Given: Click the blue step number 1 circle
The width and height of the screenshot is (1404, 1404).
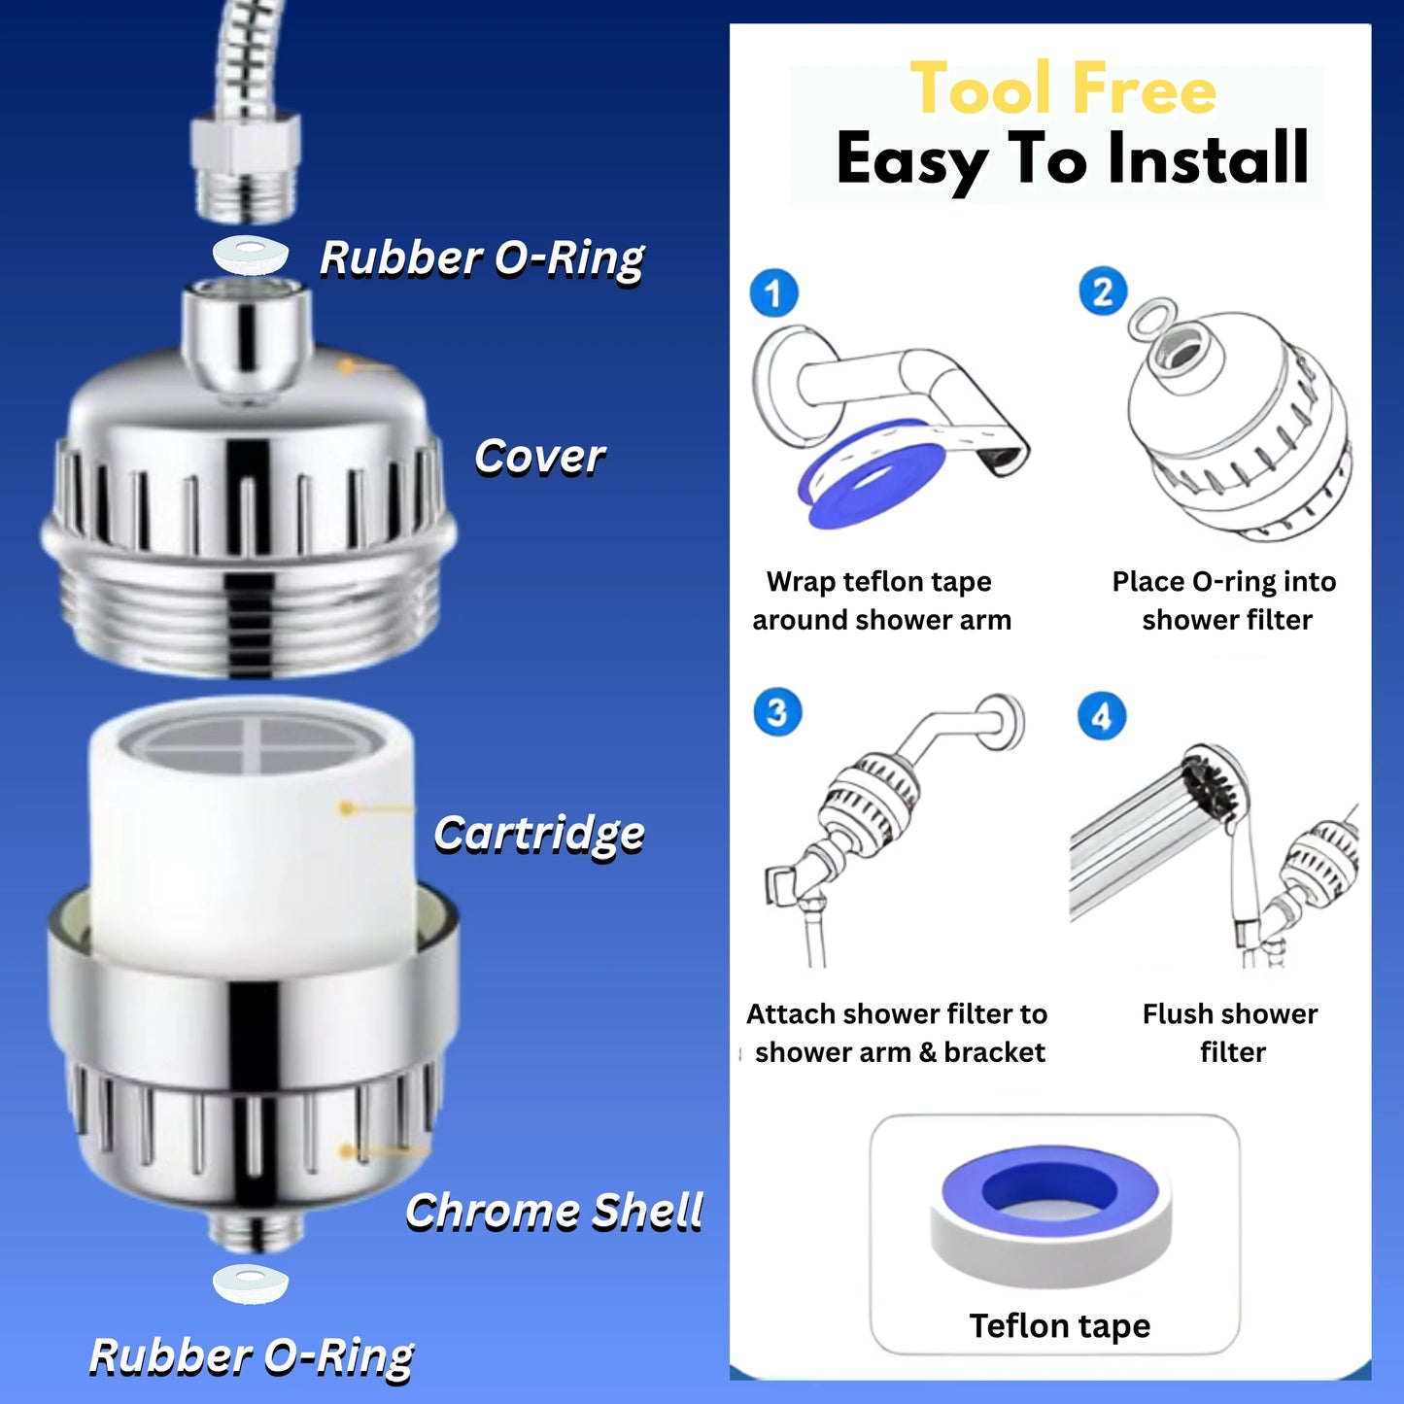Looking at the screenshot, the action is pos(773,292).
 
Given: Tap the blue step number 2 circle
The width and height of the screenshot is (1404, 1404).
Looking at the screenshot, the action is pos(1103,290).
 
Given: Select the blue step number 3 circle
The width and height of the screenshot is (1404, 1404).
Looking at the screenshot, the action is pos(777,712).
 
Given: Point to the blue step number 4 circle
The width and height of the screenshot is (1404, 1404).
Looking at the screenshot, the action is pos(1102,715).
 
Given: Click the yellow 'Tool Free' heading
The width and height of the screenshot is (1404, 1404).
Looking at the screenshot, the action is pos(1063,88).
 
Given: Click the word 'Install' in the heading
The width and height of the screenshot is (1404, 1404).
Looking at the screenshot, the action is pos(1208,158).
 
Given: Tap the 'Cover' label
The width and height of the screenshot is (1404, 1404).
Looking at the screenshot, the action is pos(540,457).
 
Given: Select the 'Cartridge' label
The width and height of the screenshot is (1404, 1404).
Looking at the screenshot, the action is pos(539,835).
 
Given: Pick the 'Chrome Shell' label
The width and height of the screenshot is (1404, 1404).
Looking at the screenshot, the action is pos(554,1212).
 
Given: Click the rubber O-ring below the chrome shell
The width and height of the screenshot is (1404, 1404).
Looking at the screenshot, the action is pos(250,1284).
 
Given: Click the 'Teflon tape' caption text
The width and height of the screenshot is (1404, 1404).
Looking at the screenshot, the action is pos(1059,1325).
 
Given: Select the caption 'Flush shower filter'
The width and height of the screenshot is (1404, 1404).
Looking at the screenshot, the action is pos(1230,1033).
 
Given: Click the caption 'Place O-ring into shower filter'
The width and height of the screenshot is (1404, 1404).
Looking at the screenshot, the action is pos(1225,600).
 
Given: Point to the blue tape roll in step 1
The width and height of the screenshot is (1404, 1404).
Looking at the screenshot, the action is pos(872,473).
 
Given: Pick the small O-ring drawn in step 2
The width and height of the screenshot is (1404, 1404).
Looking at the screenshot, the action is pos(1151,319).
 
